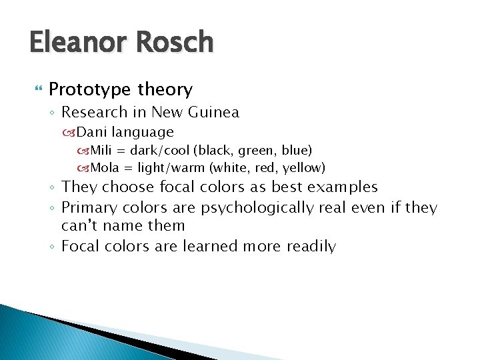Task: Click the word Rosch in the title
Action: tap(174, 43)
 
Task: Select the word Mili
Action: tap(102, 151)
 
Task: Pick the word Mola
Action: tap(105, 167)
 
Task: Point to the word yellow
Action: tap(303, 167)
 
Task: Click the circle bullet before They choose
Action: tap(53, 188)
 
